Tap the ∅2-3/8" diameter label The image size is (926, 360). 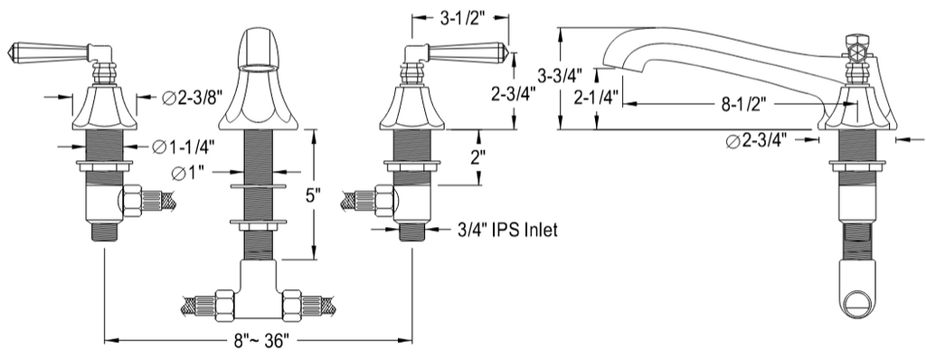[192, 99]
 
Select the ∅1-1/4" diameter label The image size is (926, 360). [183, 146]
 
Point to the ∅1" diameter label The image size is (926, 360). [188, 174]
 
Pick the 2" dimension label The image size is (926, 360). [477, 157]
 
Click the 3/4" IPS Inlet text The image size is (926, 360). [506, 230]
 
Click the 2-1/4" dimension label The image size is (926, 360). [596, 98]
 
